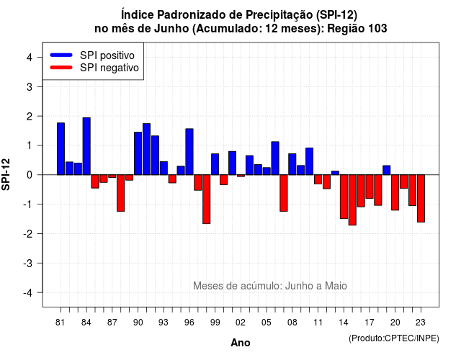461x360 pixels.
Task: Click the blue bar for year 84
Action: point(86,146)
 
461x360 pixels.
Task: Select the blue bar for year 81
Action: point(61,149)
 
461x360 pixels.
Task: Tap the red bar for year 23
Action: point(421,199)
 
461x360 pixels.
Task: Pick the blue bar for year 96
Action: point(189,152)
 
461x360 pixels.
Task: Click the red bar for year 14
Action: point(344,197)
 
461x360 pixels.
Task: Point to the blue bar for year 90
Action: point(138,153)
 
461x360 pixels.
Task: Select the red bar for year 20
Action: point(395,192)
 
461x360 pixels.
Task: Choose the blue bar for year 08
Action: point(292,164)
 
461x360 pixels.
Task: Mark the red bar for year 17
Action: point(370,186)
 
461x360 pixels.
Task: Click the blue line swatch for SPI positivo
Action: point(61,55)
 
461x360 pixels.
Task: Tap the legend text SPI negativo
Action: point(109,68)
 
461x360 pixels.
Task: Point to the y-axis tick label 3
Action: point(30,86)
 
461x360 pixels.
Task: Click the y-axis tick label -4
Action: point(28,292)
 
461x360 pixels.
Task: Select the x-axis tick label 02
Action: point(241,323)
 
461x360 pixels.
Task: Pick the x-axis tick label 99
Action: point(215,323)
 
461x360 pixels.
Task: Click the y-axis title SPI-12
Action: point(6,174)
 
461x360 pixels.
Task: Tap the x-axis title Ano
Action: point(241,343)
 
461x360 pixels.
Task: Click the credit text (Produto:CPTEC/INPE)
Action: point(394,338)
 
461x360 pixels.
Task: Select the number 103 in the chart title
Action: point(377,29)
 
